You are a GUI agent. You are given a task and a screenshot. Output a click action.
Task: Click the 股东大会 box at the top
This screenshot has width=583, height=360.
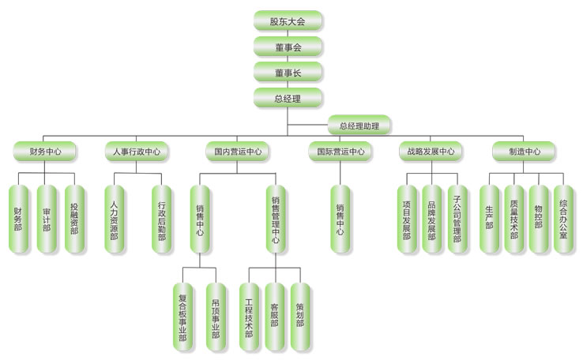coord(288,21)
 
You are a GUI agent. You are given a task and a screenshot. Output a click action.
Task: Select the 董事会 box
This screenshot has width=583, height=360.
coord(288,47)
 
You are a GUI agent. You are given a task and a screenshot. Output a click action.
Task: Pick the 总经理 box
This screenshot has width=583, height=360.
coord(288,98)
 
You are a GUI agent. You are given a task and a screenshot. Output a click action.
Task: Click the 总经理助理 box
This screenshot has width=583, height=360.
coord(359,125)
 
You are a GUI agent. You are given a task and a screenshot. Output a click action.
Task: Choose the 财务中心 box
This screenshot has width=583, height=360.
coord(45,151)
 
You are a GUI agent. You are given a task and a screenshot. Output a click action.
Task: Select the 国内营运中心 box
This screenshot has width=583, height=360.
coord(238,151)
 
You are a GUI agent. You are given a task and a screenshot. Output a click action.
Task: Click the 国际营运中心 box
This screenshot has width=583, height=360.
coord(340,151)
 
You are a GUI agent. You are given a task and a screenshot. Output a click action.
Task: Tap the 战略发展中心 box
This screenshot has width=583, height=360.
coord(431,151)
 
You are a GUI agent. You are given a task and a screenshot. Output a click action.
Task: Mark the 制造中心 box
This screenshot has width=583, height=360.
coord(523,151)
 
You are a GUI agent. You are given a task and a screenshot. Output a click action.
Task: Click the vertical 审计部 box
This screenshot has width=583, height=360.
coord(47,219)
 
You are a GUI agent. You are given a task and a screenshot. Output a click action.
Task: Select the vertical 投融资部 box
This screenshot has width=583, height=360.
coord(74,219)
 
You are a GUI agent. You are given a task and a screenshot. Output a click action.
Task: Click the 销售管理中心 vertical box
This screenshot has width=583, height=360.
coord(274,219)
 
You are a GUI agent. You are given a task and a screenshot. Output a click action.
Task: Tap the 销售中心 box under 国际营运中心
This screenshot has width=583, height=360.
coord(340,219)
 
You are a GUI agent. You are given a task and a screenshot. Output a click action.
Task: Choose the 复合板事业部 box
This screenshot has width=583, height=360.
coord(183,316)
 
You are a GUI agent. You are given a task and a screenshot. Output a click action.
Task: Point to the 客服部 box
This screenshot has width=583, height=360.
coord(274,316)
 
